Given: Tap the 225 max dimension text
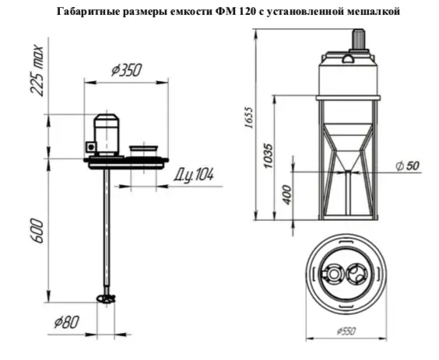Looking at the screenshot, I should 36,71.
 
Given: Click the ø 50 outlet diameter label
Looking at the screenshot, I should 409,166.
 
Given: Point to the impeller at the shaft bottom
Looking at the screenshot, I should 106,298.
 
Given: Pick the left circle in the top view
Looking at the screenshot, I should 334,274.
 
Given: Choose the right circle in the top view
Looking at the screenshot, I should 358,274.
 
